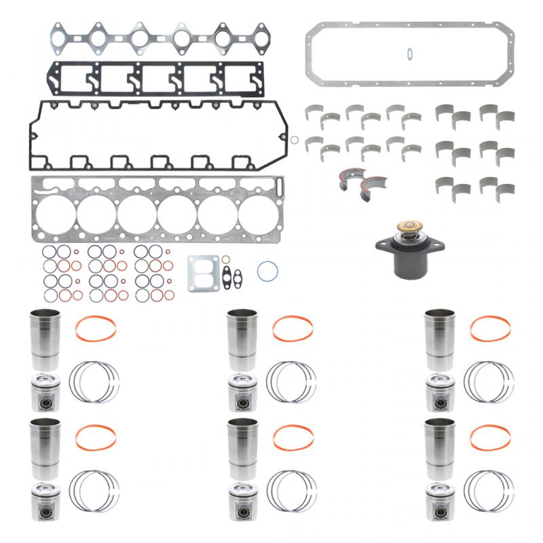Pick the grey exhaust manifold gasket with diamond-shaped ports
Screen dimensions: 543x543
click(x=156, y=37)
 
